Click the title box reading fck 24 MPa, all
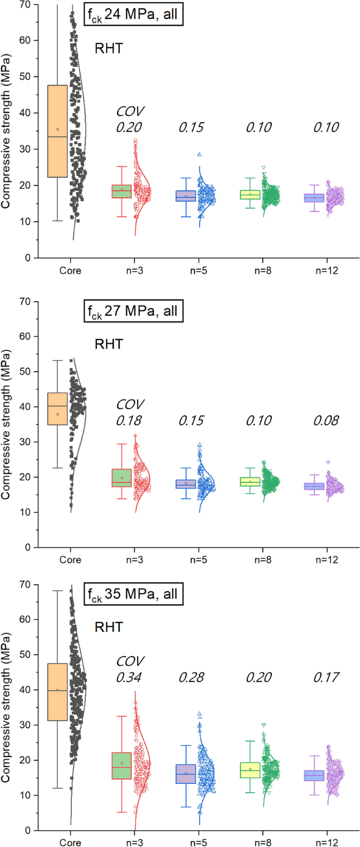point(133,15)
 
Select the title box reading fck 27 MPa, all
point(133,311)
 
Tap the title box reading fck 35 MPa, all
point(133,594)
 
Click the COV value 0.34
point(129,677)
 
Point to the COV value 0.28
point(191,677)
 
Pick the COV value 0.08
point(326,421)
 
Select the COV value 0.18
point(129,421)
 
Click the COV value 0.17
point(326,677)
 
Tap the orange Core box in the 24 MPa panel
point(57,131)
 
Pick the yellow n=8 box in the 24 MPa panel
point(250,195)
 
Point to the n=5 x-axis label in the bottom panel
point(199,842)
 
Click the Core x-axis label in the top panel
point(70,271)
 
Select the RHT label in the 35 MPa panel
point(109,627)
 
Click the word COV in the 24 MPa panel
point(130,111)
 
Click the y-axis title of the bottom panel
point(6,707)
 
